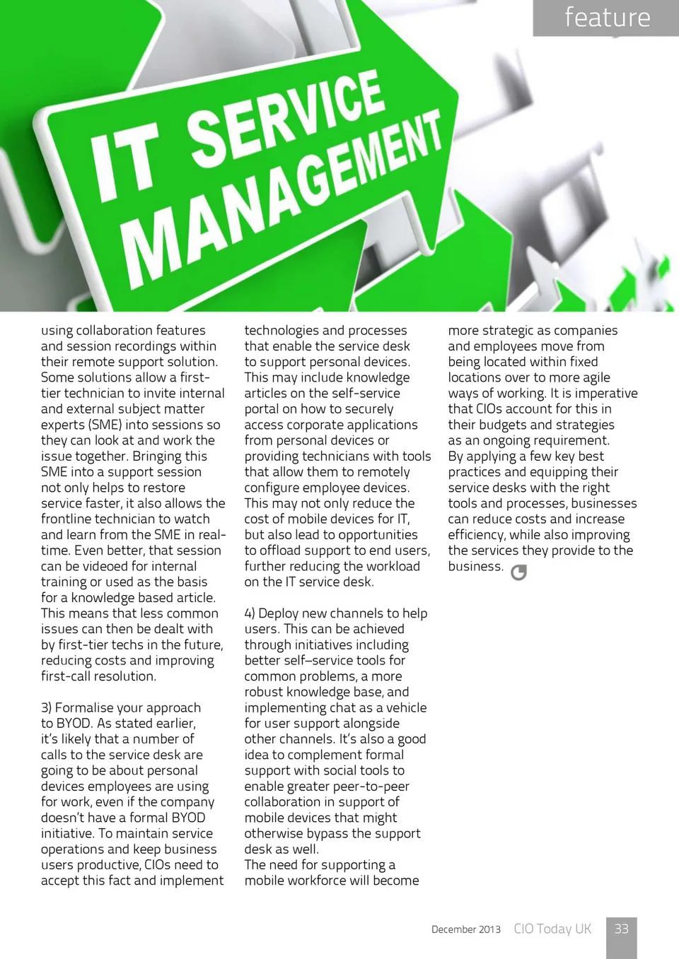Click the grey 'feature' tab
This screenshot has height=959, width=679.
[x=606, y=18]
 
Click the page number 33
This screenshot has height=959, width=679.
[x=621, y=929]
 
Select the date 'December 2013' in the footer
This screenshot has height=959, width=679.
[x=466, y=929]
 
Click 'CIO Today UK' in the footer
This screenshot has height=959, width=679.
[x=552, y=929]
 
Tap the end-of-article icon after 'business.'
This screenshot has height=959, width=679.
[x=518, y=572]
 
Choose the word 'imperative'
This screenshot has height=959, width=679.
[x=605, y=394]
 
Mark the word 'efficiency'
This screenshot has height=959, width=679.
[x=477, y=535]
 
